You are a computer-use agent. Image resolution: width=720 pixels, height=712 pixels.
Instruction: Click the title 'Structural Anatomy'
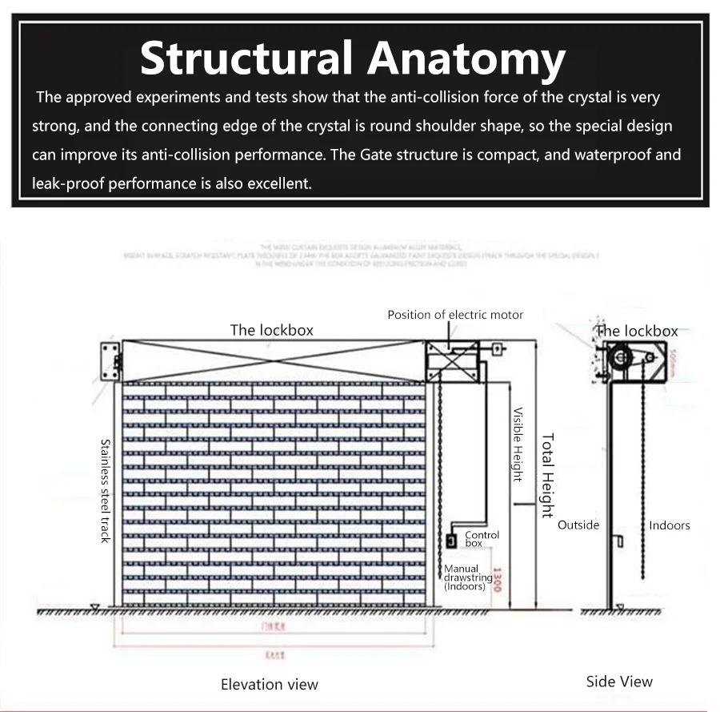coord(352,58)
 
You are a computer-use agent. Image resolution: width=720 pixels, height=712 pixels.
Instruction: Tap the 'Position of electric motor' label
coord(455,315)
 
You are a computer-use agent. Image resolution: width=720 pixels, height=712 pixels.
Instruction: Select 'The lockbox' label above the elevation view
coord(271,330)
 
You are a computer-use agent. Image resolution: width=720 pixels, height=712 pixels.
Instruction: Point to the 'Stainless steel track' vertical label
coord(105,490)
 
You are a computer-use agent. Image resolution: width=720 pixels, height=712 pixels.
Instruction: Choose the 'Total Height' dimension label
coord(548,476)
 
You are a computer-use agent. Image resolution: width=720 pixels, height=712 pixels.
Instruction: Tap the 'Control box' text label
coord(482,539)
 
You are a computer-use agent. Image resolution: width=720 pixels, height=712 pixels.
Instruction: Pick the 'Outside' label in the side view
coord(578,525)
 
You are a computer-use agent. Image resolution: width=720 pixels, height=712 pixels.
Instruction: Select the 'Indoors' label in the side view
coord(670,525)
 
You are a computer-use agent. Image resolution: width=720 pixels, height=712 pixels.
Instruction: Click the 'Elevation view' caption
coord(270,685)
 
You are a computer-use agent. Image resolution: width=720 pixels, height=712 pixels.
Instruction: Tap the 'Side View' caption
coord(619,682)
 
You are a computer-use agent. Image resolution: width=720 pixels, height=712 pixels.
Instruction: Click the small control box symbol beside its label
coord(451,541)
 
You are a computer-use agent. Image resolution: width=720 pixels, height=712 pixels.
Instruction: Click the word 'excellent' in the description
coord(279,183)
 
